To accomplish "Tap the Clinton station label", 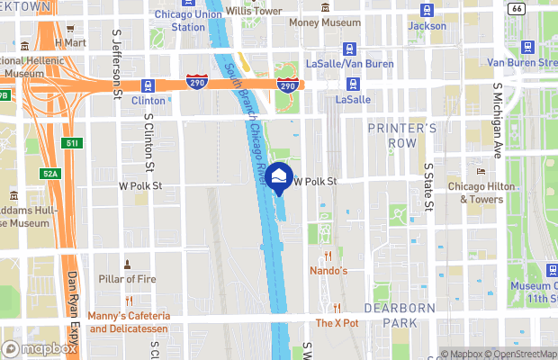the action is (x=148, y=101).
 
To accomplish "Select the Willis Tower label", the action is (x=253, y=11).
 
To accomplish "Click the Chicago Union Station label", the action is (x=188, y=21).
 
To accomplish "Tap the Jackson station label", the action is (x=427, y=26).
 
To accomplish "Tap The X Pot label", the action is (x=337, y=322).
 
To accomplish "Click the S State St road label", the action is (x=428, y=189).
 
